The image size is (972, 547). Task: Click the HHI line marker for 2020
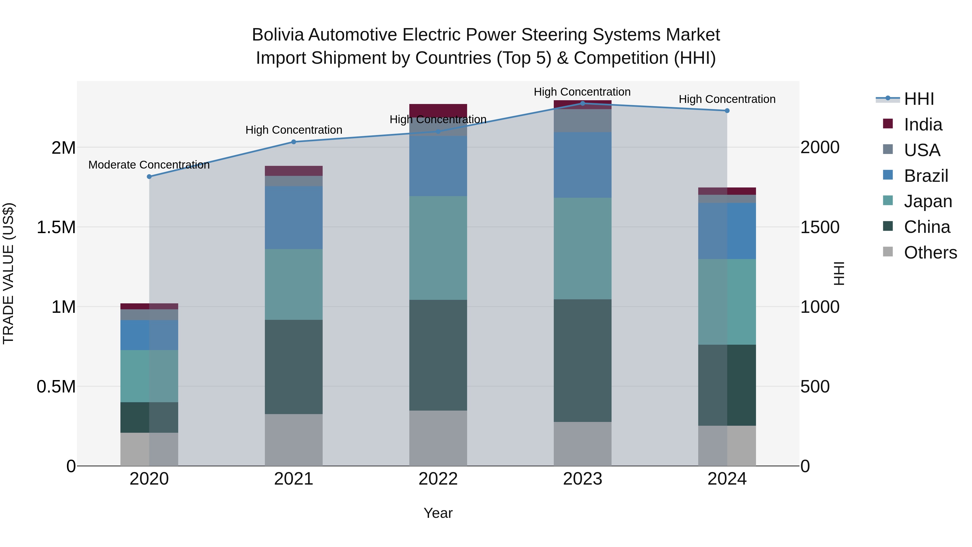(149, 177)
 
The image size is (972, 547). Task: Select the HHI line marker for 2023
(583, 103)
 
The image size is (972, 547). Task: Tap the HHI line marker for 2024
(727, 110)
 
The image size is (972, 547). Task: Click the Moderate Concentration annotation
(149, 165)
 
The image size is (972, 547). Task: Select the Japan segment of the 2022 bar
(438, 248)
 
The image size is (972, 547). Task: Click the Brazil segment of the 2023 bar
(583, 165)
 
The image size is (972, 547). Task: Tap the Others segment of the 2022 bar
(438, 438)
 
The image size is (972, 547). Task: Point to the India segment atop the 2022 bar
(438, 110)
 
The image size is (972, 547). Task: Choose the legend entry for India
(923, 125)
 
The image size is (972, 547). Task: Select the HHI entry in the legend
(919, 99)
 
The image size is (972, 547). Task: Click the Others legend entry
(930, 253)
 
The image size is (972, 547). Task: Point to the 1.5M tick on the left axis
(56, 227)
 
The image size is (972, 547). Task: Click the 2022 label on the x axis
(438, 479)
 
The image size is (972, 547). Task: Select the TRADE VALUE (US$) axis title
(8, 273)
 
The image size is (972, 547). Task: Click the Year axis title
(438, 513)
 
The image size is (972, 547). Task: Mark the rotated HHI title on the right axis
(838, 273)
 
